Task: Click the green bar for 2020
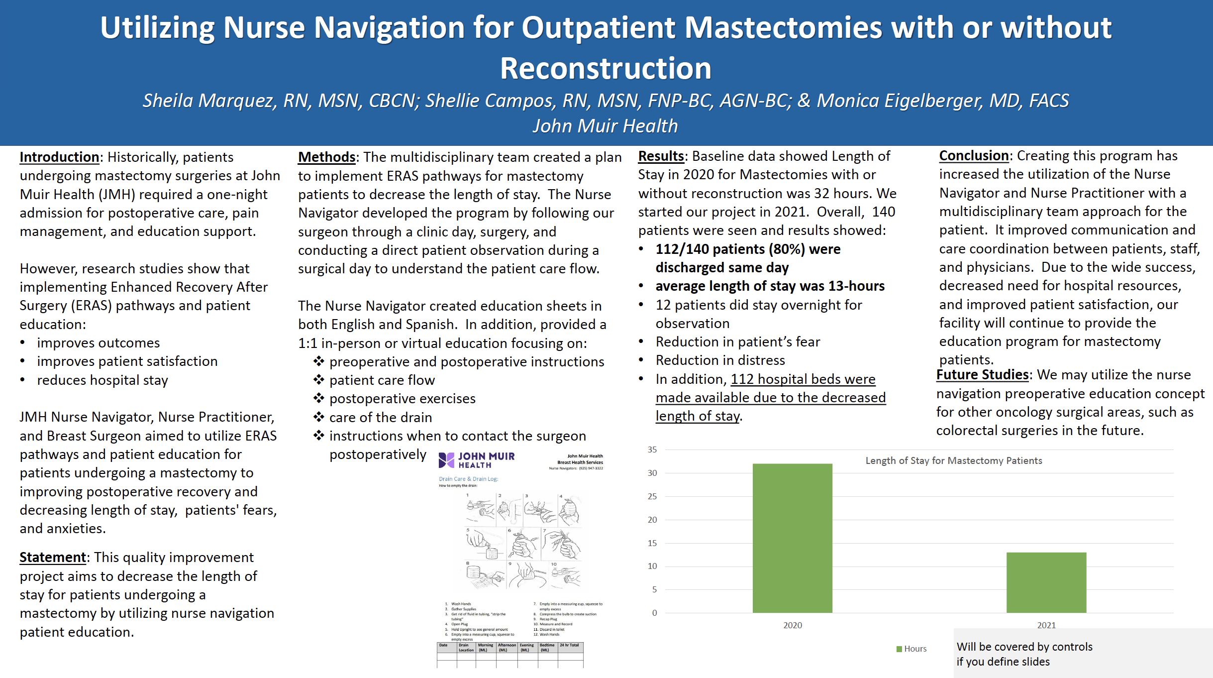(792, 538)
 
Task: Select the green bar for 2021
(1046, 582)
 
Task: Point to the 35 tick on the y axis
(652, 450)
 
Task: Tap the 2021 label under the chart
(1046, 625)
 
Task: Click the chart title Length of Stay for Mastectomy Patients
(953, 460)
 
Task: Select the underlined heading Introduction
(59, 157)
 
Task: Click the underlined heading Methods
(326, 157)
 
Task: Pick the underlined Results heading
(661, 156)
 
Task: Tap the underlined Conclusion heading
(973, 155)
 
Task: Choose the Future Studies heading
(982, 374)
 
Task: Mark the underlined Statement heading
(53, 557)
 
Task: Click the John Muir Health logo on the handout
(476, 460)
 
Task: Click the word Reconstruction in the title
(606, 68)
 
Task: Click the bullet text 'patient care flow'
(382, 380)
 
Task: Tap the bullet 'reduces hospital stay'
(102, 380)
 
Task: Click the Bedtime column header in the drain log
(547, 647)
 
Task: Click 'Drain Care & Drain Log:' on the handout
(468, 479)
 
